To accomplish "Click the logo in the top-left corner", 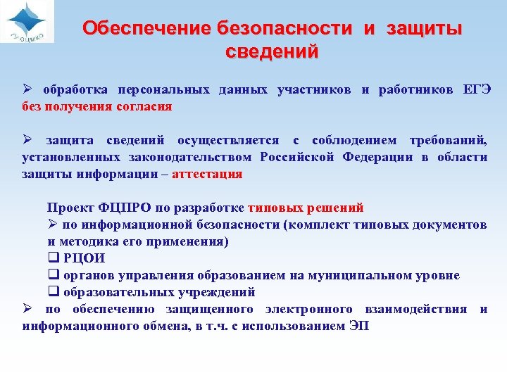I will tap(27, 22).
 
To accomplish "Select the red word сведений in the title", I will tap(272, 51).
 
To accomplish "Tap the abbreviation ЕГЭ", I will tap(476, 91).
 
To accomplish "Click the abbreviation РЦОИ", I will tap(84, 258).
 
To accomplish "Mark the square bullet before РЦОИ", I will tap(53, 258).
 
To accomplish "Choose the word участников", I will tap(314, 91).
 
